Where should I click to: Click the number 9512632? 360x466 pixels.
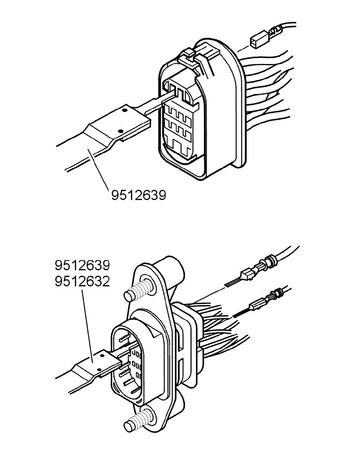tap(82, 281)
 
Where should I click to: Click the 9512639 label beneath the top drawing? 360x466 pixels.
tap(138, 195)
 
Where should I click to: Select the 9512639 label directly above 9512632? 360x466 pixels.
tap(82, 266)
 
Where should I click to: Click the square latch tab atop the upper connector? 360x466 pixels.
tap(188, 54)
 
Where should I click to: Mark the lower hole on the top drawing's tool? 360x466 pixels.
tap(121, 131)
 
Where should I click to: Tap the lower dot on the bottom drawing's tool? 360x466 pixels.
tap(98, 369)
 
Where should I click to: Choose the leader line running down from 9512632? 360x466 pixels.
tap(87, 325)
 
